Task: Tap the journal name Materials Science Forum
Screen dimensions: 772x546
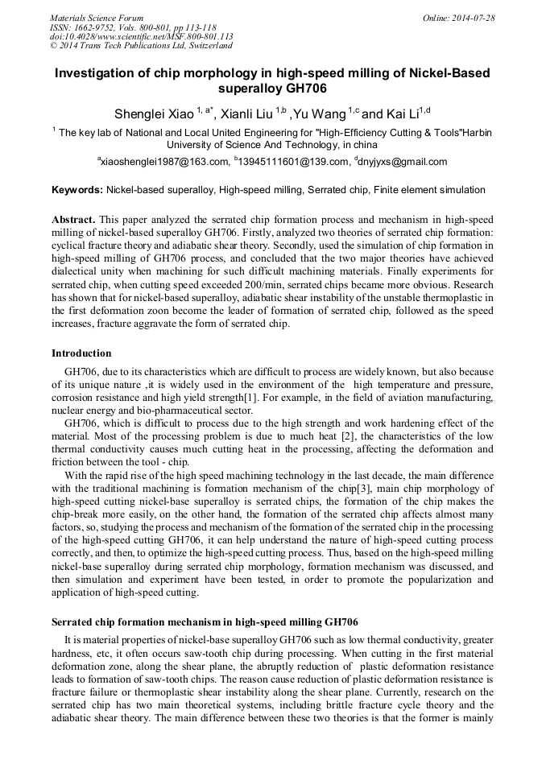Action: [97, 18]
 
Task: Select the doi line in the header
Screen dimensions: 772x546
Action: [142, 36]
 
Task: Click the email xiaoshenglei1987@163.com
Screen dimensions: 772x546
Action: [164, 162]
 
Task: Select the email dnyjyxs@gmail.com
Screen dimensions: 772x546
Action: [403, 162]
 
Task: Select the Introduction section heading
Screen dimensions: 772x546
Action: [81, 353]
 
